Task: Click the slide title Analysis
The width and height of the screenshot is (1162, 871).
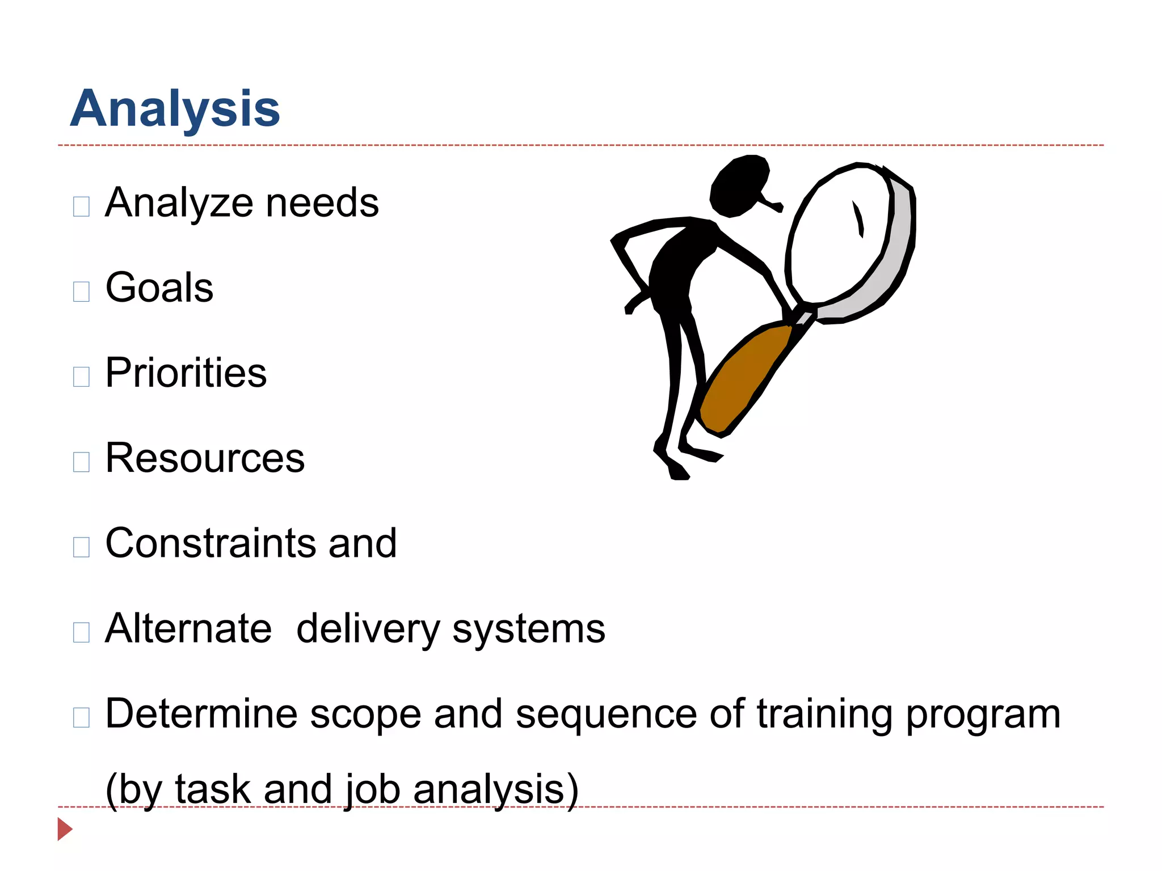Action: pyautogui.click(x=175, y=108)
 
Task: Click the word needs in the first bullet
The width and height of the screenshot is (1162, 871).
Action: pyautogui.click(x=322, y=202)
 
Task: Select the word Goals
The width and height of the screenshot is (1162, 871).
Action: pyautogui.click(x=159, y=287)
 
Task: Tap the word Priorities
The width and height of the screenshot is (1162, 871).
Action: pyautogui.click(x=186, y=373)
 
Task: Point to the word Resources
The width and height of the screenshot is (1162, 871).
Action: pyautogui.click(x=205, y=458)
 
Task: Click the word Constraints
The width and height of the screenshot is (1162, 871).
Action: pyautogui.click(x=211, y=543)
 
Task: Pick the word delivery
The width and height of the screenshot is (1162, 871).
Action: pyautogui.click(x=368, y=629)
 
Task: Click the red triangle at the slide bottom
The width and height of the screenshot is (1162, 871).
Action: pyautogui.click(x=64, y=829)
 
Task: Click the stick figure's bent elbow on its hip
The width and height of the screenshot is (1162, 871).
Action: pyautogui.click(x=616, y=241)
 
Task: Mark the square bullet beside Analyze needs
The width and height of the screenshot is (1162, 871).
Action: pyautogui.click(x=81, y=206)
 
